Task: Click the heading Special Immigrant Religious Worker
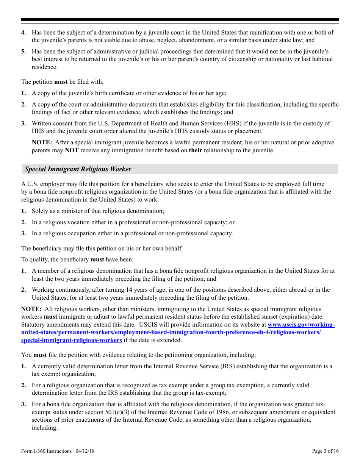(x=78, y=169)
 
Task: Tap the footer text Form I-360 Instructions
(x=46, y=451)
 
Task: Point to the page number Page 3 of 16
(x=325, y=451)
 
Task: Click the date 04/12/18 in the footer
(x=84, y=451)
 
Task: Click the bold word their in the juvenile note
(x=196, y=150)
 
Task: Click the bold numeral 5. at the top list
(x=23, y=52)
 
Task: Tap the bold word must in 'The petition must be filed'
(x=61, y=82)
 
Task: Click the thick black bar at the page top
(x=180, y=20)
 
